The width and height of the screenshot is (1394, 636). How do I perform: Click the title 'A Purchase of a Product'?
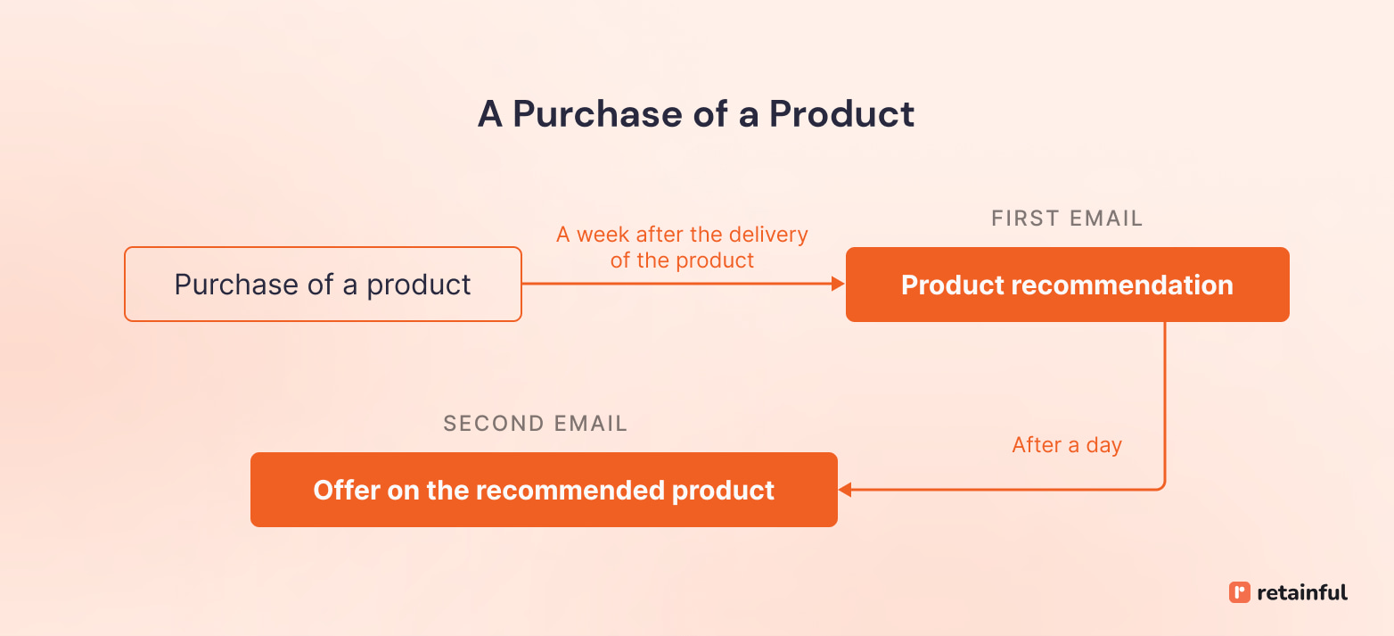[696, 114]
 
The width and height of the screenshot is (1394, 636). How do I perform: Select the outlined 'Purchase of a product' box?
[323, 285]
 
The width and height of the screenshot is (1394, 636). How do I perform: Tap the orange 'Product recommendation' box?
[1067, 285]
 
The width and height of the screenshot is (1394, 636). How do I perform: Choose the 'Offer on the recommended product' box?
[544, 490]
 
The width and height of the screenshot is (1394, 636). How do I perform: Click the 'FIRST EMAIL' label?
[1067, 219]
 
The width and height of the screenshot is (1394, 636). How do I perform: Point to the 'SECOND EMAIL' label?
[535, 424]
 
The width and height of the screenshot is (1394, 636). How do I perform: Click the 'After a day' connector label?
[1067, 445]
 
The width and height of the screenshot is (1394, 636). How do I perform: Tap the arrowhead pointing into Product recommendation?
[838, 285]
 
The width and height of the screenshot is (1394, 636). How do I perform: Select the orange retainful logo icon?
[1239, 592]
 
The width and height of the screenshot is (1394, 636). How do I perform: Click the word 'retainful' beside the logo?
[1302, 592]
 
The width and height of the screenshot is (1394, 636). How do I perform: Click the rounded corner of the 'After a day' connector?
[1161, 485]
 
